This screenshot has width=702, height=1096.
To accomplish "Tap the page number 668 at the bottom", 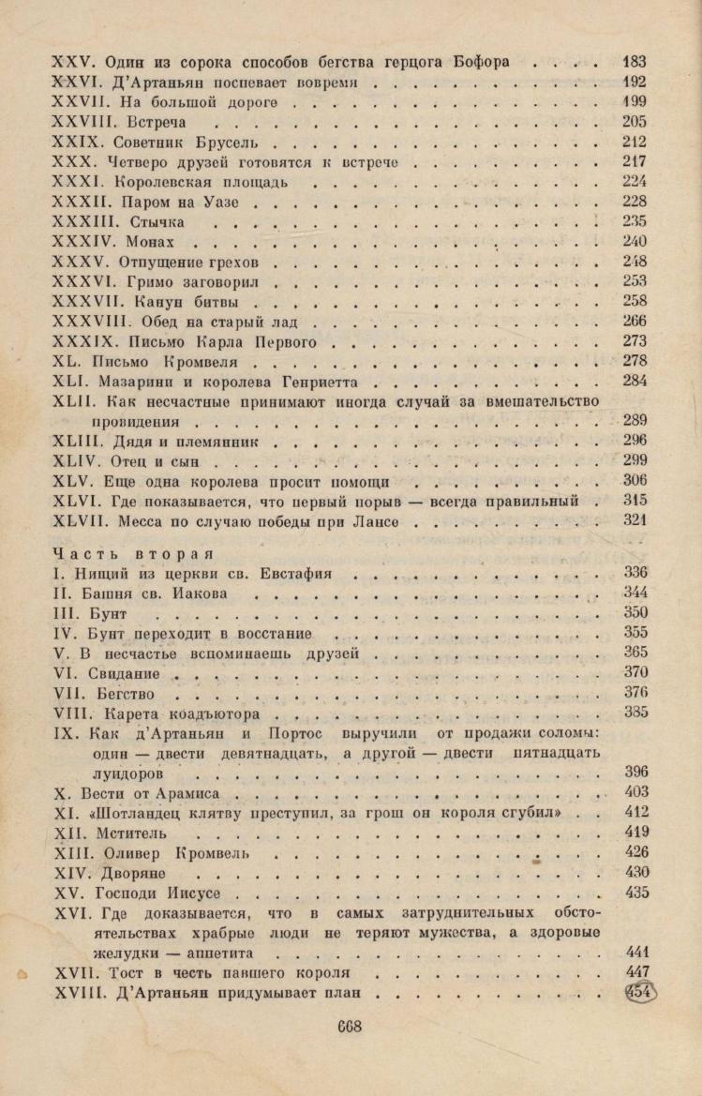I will click(349, 1027).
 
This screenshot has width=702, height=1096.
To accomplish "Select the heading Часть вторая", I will click(134, 552).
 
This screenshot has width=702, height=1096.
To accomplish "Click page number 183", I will click(635, 62).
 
